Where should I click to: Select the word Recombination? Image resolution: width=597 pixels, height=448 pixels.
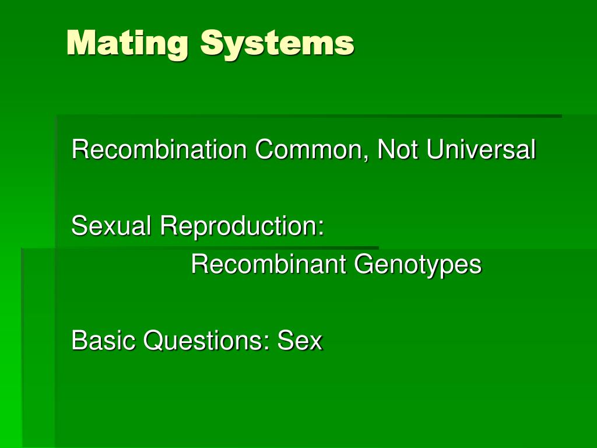click(159, 150)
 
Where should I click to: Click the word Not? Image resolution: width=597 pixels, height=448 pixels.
click(398, 150)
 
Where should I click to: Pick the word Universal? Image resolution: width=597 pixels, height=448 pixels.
click(480, 150)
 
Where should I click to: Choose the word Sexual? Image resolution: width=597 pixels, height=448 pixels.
click(111, 226)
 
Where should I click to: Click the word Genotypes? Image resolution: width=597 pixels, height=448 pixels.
click(418, 265)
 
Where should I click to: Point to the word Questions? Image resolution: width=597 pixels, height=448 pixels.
click(204, 340)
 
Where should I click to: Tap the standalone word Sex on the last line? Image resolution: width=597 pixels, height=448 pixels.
click(300, 340)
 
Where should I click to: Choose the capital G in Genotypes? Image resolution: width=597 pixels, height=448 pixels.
click(363, 264)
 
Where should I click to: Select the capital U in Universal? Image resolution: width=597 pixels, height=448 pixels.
click(434, 150)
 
